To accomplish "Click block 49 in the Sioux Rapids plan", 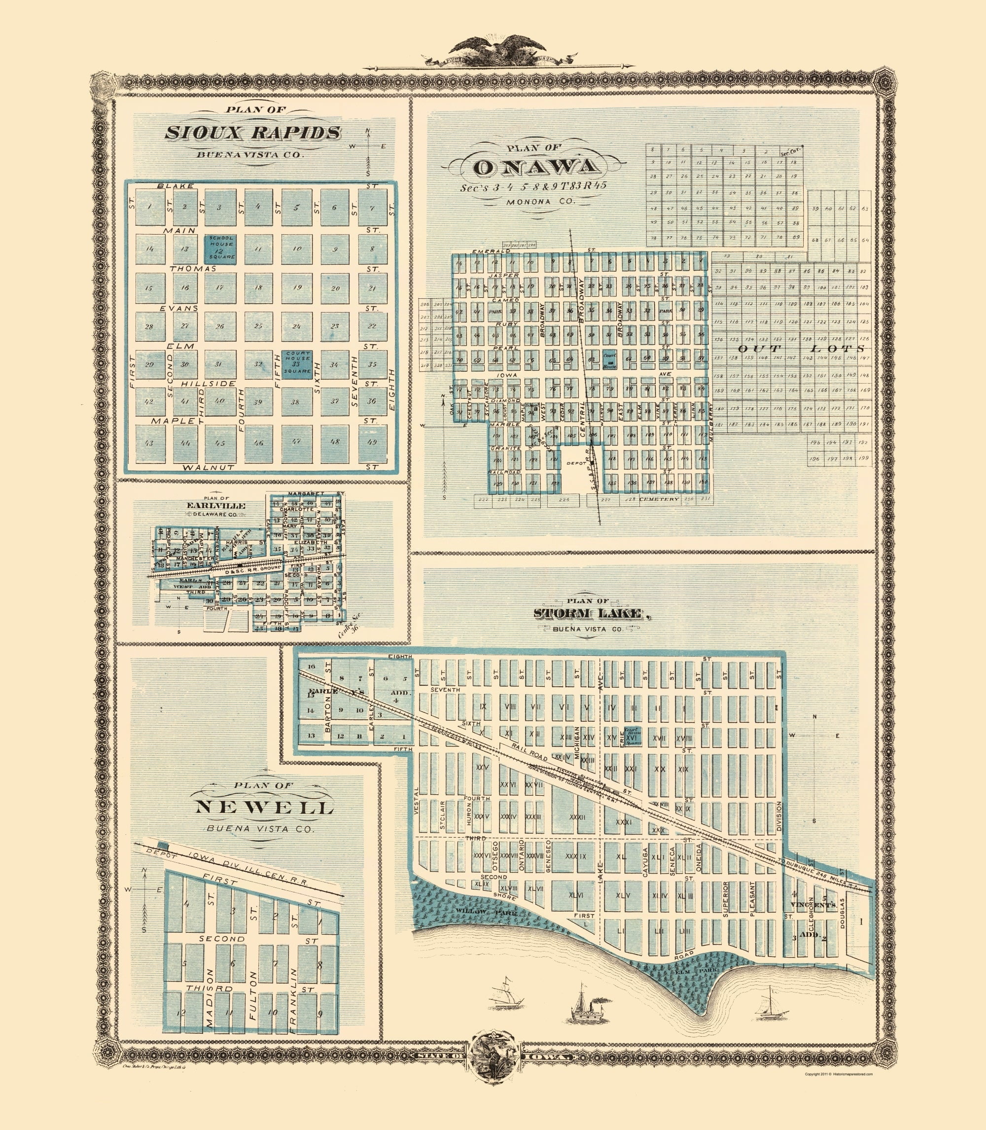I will (371, 443).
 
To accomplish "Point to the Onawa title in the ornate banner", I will (536, 167).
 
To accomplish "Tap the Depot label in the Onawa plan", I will (572, 464).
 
